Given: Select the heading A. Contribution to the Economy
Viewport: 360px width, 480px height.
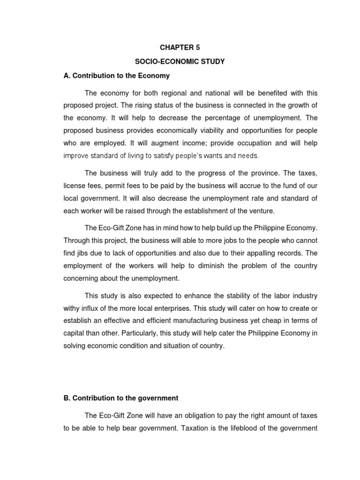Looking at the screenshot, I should (x=116, y=75).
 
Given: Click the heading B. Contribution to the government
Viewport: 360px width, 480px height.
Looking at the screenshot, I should (x=120, y=398).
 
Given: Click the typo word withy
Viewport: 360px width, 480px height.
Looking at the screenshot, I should (x=72, y=308).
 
